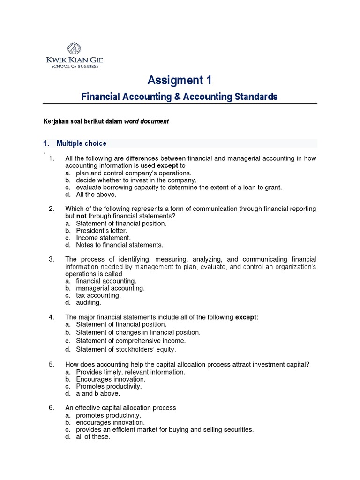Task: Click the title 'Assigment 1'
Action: tap(180, 81)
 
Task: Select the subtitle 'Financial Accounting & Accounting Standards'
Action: tap(180, 97)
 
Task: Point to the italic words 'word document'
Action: tap(146, 121)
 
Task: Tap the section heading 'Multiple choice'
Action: tap(81, 143)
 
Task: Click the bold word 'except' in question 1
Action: tap(167, 166)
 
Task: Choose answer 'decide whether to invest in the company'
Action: tap(136, 180)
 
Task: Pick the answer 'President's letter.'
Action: tap(101, 231)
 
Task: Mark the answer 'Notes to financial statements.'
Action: tap(120, 245)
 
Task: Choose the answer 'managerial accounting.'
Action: tap(110, 288)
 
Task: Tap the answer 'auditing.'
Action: tap(88, 303)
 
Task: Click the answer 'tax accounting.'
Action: tap(98, 296)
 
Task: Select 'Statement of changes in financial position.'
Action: tap(138, 332)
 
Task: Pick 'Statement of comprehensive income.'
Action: tap(131, 341)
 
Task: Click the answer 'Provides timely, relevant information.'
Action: tap(130, 372)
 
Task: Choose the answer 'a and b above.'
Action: tap(97, 393)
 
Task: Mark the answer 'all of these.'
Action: tap(93, 436)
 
